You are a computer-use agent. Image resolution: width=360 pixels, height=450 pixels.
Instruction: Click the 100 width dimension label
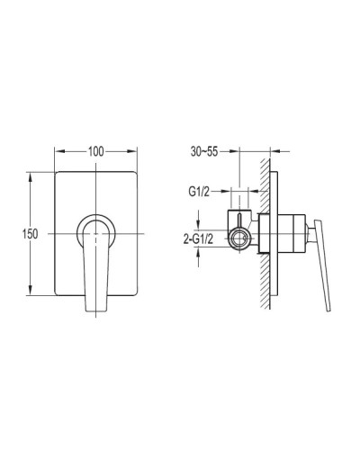coord(95,152)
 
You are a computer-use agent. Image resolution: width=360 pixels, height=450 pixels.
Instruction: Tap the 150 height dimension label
coord(30,234)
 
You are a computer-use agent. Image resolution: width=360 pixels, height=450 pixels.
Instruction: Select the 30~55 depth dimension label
coord(204,152)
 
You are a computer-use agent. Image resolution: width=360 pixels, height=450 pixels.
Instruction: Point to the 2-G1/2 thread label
coord(198,239)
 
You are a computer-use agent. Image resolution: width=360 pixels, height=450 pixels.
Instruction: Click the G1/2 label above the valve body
coord(199,192)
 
